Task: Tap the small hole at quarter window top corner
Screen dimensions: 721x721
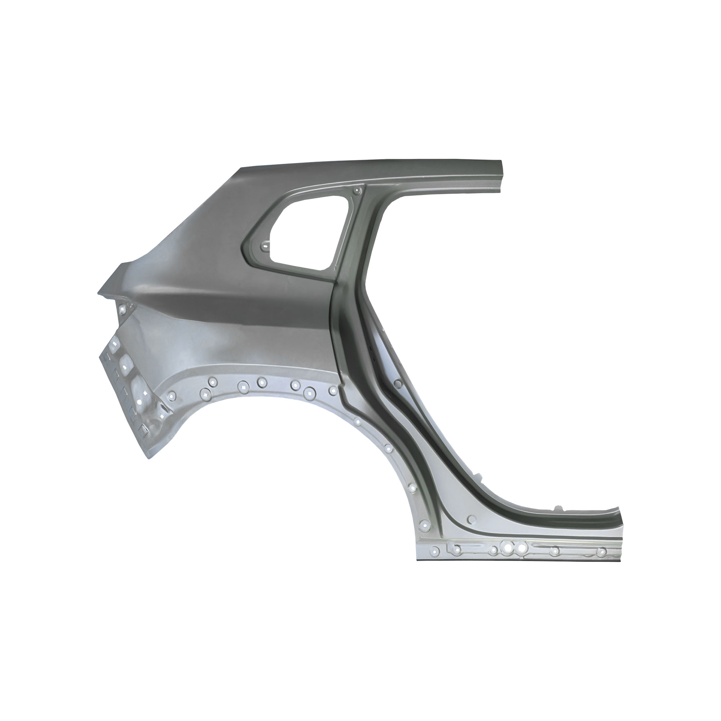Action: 358,191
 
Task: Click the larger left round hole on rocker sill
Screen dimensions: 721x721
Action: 508,548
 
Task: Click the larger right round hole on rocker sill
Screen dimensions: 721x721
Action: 522,548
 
